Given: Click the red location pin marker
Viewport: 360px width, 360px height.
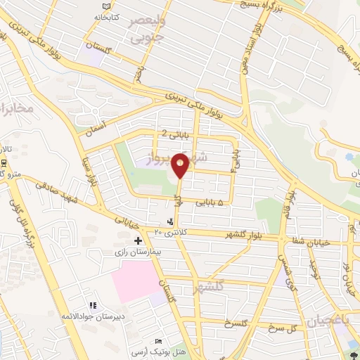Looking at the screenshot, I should pos(181,165).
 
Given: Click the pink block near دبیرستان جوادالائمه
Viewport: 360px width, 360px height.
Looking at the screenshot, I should pos(135,282).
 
